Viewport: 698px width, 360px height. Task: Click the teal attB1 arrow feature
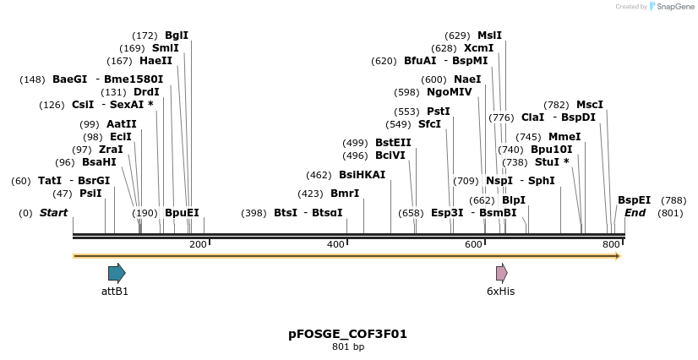pyautogui.click(x=117, y=273)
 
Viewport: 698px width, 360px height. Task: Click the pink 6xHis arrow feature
pyautogui.click(x=501, y=273)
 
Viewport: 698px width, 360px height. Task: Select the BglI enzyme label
pyautogui.click(x=177, y=35)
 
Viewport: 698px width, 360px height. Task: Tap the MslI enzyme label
pyautogui.click(x=489, y=35)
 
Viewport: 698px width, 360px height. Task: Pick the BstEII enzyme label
pyautogui.click(x=393, y=143)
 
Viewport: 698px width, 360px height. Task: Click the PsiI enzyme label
pyautogui.click(x=90, y=194)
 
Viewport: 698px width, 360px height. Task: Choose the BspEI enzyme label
pyautogui.click(x=634, y=200)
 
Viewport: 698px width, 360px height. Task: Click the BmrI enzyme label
pyautogui.click(x=345, y=194)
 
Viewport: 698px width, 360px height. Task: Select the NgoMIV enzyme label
pyautogui.click(x=450, y=92)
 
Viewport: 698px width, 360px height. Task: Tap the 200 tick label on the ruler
pyautogui.click(x=198, y=244)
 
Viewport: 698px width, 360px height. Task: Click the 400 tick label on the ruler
pyautogui.click(x=335, y=244)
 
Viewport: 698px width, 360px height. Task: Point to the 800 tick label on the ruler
pyautogui.click(x=611, y=244)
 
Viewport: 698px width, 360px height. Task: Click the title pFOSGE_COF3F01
pyautogui.click(x=347, y=334)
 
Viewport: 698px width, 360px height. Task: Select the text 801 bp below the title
pyautogui.click(x=347, y=346)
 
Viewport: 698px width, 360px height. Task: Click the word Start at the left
pyautogui.click(x=53, y=213)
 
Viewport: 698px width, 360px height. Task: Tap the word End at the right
pyautogui.click(x=635, y=213)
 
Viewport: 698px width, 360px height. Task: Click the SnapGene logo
pyautogui.click(x=671, y=7)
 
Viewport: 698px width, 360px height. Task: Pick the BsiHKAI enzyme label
pyautogui.click(x=362, y=175)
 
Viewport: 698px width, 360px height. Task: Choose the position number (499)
pyautogui.click(x=355, y=143)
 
